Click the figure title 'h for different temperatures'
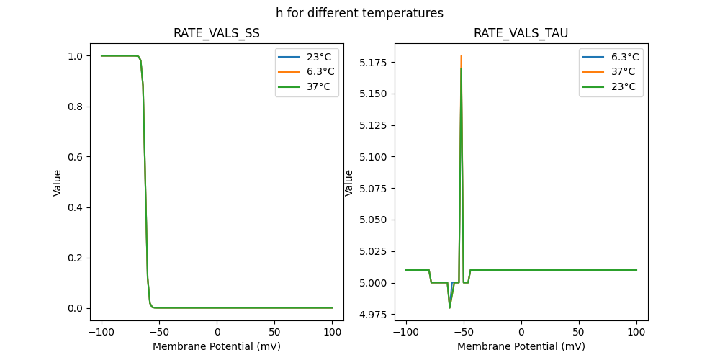click(359, 13)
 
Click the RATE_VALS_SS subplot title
click(217, 33)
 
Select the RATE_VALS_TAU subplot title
click(521, 33)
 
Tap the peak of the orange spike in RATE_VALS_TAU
click(461, 56)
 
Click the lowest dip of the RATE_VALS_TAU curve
click(449, 307)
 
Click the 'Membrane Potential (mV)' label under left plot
click(217, 346)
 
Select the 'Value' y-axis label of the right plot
click(349, 183)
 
